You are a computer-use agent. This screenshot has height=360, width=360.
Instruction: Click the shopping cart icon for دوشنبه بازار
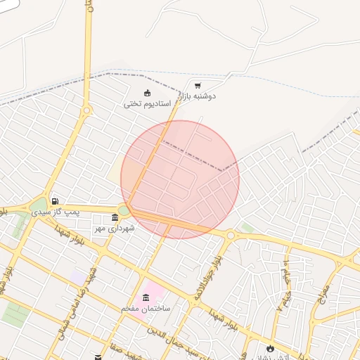197,84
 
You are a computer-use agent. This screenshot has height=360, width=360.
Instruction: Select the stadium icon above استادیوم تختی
147,93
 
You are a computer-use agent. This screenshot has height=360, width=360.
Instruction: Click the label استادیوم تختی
148,103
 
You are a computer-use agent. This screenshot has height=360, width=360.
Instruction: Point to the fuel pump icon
55,201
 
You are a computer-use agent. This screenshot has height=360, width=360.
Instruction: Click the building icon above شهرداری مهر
115,218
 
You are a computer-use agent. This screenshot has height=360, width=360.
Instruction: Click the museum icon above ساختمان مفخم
146,297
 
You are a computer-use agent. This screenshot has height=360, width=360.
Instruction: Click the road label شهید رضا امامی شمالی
85,295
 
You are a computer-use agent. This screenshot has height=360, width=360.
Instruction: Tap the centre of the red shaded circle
180,179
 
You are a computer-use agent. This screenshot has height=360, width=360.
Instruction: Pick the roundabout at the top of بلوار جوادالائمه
230,235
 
